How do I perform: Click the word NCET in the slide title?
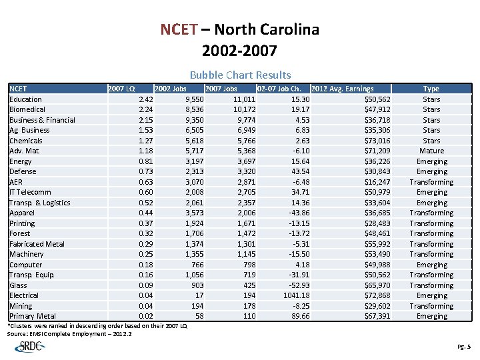[x=179, y=30]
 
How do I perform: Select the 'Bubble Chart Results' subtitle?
[x=240, y=75]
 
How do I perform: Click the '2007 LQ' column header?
[x=121, y=89]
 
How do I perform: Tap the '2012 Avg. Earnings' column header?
[x=342, y=89]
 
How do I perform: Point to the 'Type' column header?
[x=431, y=89]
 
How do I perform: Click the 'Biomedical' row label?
[x=27, y=109]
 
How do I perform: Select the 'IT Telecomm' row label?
[x=30, y=192]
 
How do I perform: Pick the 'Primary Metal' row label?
[x=33, y=316]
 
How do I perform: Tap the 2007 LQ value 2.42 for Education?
[x=146, y=99]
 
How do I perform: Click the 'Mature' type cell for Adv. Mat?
[x=431, y=151]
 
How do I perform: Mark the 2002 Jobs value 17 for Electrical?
[x=199, y=295]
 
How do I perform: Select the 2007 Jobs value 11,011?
[x=244, y=99]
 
